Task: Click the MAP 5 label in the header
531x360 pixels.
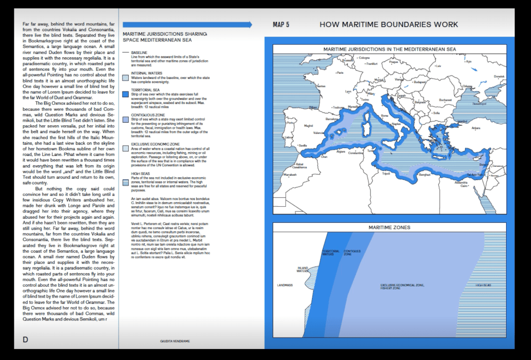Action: pyautogui.click(x=281, y=24)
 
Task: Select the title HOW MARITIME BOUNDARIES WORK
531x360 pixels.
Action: pyautogui.click(x=389, y=24)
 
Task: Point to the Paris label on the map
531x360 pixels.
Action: pyautogui.click(x=341, y=73)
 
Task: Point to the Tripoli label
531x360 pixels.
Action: pyautogui.click(x=386, y=174)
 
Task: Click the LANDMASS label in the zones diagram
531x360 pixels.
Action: pyautogui.click(x=285, y=285)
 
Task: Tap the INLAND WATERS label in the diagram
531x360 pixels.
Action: pyautogui.click(x=303, y=269)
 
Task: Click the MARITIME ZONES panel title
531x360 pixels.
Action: pyautogui.click(x=389, y=228)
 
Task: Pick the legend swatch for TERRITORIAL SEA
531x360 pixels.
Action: pyautogui.click(x=125, y=95)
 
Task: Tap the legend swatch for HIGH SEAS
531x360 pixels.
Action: pyautogui.click(x=125, y=182)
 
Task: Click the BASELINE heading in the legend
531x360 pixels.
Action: pyautogui.click(x=139, y=52)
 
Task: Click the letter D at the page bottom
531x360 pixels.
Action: pyautogui.click(x=25, y=340)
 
